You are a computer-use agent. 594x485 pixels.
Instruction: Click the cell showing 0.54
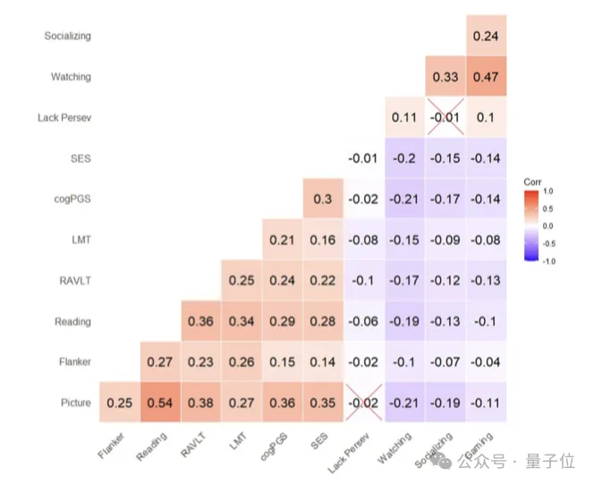[159, 403]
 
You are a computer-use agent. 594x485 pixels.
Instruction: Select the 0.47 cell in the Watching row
[486, 77]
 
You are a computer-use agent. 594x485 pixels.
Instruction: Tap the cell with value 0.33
[445, 77]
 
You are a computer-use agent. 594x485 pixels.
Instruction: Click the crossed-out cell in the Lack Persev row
[445, 118]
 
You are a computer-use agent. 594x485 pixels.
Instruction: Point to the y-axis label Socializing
[68, 37]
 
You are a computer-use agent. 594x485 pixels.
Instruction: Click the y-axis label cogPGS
[73, 200]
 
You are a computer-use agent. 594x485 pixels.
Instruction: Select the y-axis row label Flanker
[73, 362]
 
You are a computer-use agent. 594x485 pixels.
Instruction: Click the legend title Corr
[533, 182]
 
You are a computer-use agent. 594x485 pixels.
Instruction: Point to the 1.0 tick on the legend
[547, 191]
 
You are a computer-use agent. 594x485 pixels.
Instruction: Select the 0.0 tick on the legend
[547, 225]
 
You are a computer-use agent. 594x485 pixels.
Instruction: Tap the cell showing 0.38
[200, 403]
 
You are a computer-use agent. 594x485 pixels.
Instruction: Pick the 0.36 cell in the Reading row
[200, 321]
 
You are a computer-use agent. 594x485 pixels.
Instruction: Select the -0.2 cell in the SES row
[404, 158]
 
